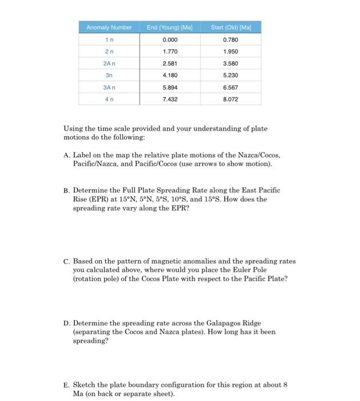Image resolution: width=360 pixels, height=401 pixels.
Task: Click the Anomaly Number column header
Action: pos(109,27)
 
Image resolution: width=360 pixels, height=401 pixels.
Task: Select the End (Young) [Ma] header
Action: pos(169,27)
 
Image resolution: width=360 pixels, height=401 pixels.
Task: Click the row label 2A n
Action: pos(109,64)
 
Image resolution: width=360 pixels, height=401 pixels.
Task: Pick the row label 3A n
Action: pos(109,88)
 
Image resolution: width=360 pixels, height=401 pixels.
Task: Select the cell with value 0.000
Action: pos(169,40)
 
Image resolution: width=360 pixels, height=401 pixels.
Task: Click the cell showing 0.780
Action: pos(230,40)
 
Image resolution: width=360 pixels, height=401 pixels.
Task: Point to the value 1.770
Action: pos(169,52)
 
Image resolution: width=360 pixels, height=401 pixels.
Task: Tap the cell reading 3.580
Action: pos(230,64)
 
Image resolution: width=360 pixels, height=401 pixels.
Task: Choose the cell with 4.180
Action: pos(169,76)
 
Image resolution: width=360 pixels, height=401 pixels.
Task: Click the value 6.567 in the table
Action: pos(230,88)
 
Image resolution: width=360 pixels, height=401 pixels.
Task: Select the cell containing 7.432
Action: pos(169,99)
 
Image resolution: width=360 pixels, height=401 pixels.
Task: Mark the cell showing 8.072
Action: pos(230,99)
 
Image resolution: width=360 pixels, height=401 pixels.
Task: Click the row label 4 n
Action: pos(109,99)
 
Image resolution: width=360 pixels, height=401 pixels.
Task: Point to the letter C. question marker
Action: pos(66,261)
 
